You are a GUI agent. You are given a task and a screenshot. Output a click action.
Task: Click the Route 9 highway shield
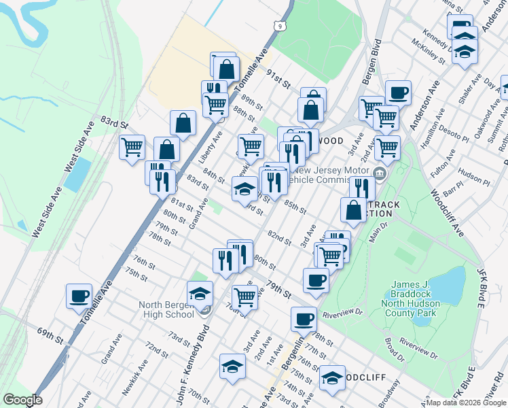click(280, 26)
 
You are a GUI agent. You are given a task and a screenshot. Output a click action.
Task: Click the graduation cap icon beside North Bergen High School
click(200, 293)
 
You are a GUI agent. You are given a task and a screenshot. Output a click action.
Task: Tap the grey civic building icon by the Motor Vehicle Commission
click(379, 173)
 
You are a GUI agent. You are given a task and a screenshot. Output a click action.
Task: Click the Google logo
click(22, 400)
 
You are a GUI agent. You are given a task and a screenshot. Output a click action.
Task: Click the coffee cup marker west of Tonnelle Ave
click(79, 295)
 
